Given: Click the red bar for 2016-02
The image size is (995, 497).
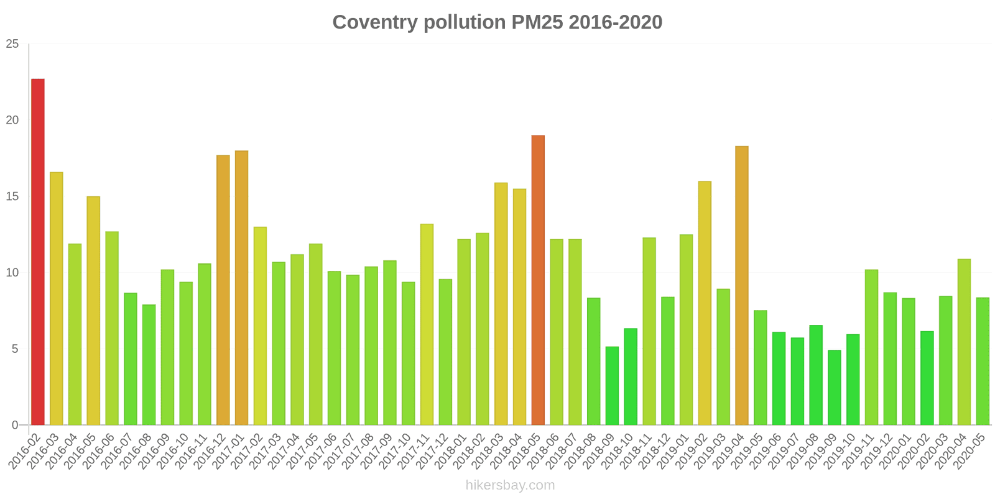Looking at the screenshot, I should click(38, 252).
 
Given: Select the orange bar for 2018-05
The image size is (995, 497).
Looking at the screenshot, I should click(538, 280).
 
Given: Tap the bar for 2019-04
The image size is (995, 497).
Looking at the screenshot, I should click(742, 286).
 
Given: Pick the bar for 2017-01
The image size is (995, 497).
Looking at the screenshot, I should click(241, 288).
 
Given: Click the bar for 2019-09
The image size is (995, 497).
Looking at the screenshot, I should click(835, 388).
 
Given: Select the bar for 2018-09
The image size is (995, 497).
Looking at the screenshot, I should click(612, 386).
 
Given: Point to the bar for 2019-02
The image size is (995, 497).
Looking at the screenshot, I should click(705, 303).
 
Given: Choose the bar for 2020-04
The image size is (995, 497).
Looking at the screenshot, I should click(964, 342).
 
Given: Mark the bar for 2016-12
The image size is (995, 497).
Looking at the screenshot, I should click(223, 290).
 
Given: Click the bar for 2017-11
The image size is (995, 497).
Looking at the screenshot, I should click(427, 324).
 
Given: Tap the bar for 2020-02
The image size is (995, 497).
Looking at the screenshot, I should click(927, 378).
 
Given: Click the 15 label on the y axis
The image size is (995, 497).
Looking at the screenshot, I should click(12, 196).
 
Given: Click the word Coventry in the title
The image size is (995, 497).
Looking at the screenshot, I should click(375, 22).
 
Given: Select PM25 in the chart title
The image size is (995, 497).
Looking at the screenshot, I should click(537, 22).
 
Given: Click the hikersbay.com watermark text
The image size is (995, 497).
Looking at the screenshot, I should click(510, 485).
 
